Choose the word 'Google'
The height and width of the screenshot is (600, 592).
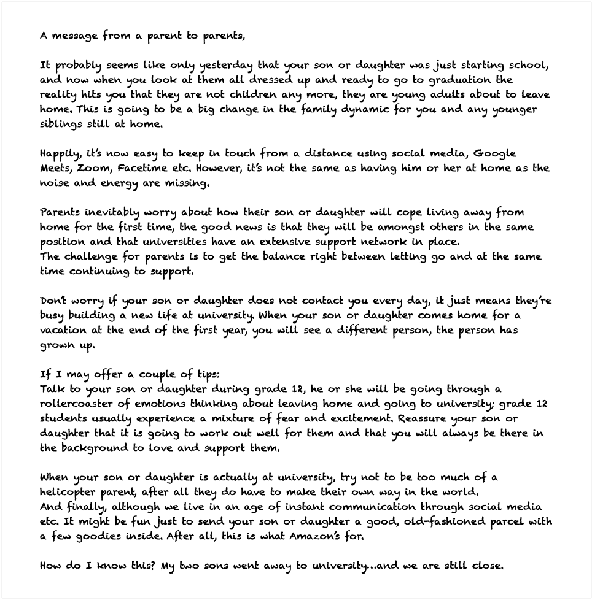coord(494,154)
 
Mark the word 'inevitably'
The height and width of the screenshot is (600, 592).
coord(108,213)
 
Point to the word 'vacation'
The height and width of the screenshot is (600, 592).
coord(64,331)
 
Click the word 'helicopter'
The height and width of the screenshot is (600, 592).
coord(68,493)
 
